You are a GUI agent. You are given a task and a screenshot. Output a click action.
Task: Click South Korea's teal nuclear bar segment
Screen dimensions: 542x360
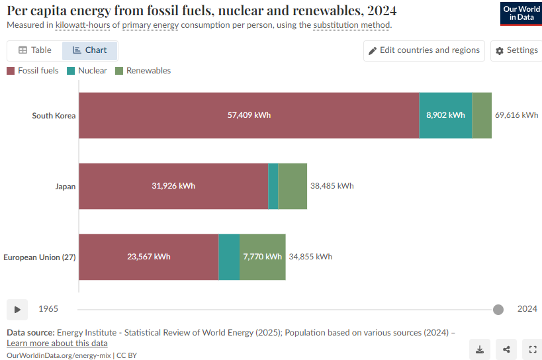445,115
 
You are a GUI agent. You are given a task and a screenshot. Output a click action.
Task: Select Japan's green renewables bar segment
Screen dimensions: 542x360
293,186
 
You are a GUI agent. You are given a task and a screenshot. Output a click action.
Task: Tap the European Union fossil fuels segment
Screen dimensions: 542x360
149,257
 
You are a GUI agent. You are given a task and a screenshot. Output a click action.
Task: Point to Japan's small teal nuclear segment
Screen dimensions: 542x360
273,186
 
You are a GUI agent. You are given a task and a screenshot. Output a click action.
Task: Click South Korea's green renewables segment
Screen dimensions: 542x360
482,115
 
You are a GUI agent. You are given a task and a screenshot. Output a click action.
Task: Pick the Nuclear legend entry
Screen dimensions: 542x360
87,71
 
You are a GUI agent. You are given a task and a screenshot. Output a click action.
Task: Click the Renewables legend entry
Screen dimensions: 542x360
143,71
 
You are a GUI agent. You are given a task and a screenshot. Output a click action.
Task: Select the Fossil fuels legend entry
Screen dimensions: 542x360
32,71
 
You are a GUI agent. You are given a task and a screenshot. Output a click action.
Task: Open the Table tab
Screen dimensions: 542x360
35,50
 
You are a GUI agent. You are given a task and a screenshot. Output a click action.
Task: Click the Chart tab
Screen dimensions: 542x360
89,50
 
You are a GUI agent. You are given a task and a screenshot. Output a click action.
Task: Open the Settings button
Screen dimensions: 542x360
516,51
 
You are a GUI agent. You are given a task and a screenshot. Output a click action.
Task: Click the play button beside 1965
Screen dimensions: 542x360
17,310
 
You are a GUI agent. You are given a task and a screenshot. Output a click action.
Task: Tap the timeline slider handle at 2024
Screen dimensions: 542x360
498,310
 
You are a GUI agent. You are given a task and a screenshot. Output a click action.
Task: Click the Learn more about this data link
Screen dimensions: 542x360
57,343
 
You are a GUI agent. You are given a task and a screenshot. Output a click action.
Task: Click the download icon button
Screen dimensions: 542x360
480,349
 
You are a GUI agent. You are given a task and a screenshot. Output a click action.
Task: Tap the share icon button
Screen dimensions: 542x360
506,349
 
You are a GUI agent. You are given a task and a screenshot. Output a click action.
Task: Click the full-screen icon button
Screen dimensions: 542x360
533,349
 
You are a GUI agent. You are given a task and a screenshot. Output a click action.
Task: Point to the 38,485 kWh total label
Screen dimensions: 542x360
332,186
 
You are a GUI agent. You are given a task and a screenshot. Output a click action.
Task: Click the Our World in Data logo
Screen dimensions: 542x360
521,13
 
